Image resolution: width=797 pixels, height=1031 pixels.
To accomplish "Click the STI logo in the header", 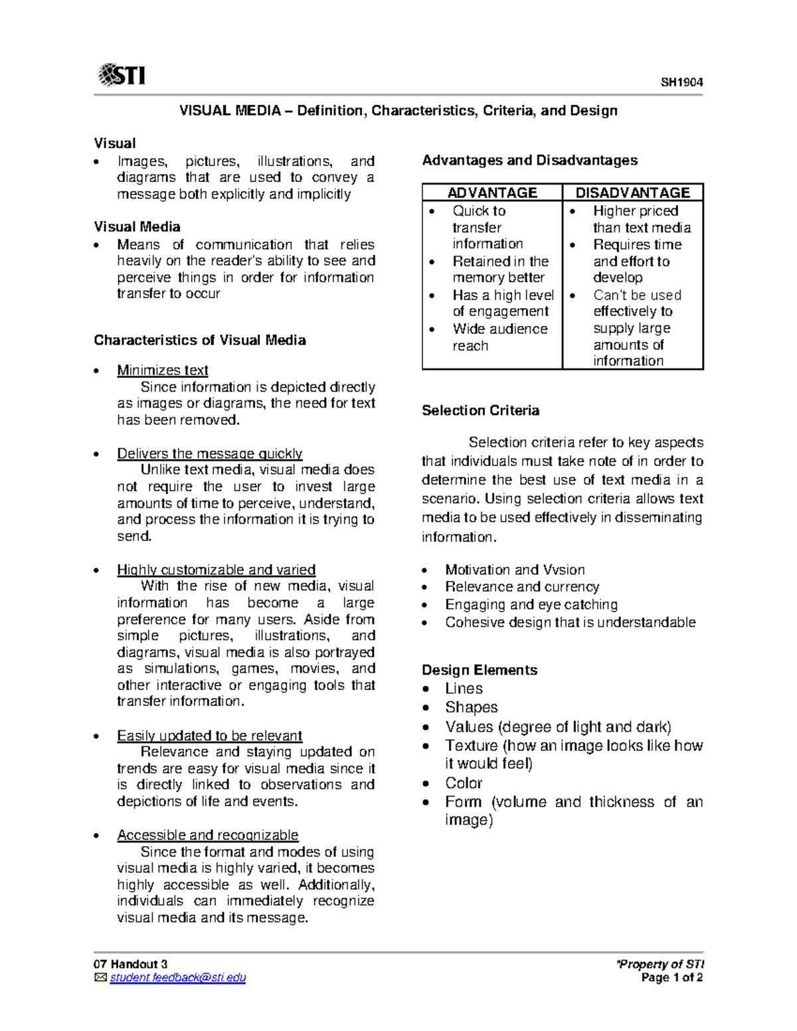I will pyautogui.click(x=122, y=75).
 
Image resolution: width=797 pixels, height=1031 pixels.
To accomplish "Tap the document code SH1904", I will pyautogui.click(x=681, y=82).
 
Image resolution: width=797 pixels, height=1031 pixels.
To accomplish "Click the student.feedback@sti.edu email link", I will pyautogui.click(x=178, y=978).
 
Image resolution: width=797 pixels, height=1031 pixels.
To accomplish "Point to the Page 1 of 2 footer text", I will pyautogui.click(x=672, y=978).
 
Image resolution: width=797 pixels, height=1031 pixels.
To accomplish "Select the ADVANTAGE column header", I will pyautogui.click(x=492, y=193).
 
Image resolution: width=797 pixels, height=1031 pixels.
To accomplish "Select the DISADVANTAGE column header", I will pyautogui.click(x=632, y=193).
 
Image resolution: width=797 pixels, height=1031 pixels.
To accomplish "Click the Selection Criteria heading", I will pyautogui.click(x=480, y=411).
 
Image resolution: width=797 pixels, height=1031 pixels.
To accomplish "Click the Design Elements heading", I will pyautogui.click(x=480, y=671).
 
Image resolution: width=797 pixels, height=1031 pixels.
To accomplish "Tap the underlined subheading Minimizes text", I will pyautogui.click(x=162, y=370).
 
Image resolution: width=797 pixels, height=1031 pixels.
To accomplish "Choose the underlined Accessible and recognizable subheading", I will pyautogui.click(x=207, y=835).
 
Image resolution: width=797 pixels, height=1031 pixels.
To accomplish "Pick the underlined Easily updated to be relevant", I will pyautogui.click(x=209, y=736).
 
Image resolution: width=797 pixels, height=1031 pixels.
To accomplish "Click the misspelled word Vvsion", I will pyautogui.click(x=564, y=570).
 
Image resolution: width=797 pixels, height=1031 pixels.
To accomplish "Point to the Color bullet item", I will pyautogui.click(x=464, y=783).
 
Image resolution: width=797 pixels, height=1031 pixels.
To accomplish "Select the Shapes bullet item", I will pyautogui.click(x=472, y=708).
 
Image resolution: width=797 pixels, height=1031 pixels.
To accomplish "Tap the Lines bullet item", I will pyautogui.click(x=464, y=689).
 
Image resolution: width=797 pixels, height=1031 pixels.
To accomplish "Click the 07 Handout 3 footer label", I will pyautogui.click(x=131, y=965).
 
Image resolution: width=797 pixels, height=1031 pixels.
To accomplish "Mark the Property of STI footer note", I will pyautogui.click(x=660, y=965).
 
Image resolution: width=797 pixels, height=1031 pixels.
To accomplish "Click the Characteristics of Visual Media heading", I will pyautogui.click(x=200, y=341).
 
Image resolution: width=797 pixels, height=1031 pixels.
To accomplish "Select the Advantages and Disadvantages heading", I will pyautogui.click(x=529, y=161).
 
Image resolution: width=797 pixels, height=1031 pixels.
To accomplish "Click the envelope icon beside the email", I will pyautogui.click(x=100, y=978).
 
